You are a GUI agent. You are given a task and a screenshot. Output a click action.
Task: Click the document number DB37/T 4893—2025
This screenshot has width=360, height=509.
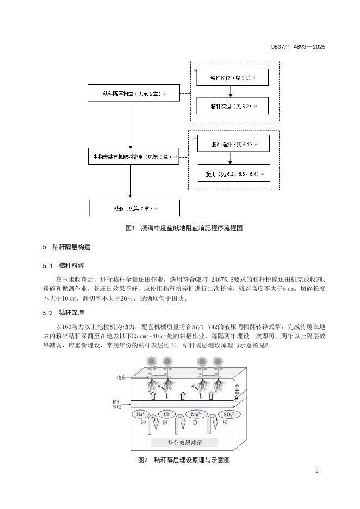pyautogui.click(x=298, y=47)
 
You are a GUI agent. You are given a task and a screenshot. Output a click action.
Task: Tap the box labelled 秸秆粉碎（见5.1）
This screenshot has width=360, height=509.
pyautogui.click(x=232, y=78)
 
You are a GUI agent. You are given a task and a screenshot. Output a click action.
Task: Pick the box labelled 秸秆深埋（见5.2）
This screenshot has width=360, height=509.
pyautogui.click(x=232, y=106)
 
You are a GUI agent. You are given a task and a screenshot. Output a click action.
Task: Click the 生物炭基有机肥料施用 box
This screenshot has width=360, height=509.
pyautogui.click(x=134, y=157)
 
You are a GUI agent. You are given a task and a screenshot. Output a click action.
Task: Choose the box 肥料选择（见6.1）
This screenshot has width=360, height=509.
pyautogui.click(x=232, y=145)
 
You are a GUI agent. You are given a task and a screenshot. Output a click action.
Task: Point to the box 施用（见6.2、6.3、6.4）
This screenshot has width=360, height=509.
pyautogui.click(x=233, y=173)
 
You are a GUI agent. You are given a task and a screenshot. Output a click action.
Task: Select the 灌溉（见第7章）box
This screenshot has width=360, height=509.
pyautogui.click(x=126, y=208)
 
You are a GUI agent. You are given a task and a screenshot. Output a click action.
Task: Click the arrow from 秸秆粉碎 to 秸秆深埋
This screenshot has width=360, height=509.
pyautogui.click(x=232, y=92)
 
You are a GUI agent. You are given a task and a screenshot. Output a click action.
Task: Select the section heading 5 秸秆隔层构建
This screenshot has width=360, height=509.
pyautogui.click(x=67, y=247)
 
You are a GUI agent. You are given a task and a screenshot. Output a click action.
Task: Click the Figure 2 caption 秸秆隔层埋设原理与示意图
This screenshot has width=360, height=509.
pyautogui.click(x=184, y=460)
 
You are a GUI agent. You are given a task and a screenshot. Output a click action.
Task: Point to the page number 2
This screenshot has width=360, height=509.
pyautogui.click(x=316, y=471)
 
